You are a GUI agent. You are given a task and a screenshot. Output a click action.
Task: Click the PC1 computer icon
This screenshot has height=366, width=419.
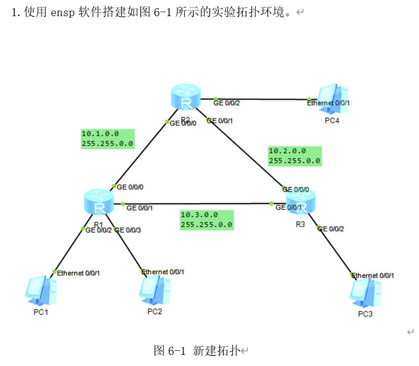tap(40, 291)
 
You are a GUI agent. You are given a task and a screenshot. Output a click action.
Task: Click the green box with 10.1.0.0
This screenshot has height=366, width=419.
tap(107, 139)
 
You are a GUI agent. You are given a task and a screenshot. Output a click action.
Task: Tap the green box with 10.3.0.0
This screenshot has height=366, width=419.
tap(206, 220)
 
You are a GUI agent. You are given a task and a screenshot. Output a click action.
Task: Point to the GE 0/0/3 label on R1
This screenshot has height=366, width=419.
tap(129, 230)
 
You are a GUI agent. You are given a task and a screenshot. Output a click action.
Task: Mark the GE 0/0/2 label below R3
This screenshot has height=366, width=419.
tap(331, 229)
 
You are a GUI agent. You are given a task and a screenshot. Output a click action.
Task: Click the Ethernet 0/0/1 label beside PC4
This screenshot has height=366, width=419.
tap(328, 103)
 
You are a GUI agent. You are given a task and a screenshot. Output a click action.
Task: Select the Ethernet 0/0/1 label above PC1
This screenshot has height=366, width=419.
tap(78, 273)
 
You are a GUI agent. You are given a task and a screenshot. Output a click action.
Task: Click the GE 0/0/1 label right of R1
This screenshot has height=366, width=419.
tap(140, 207)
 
